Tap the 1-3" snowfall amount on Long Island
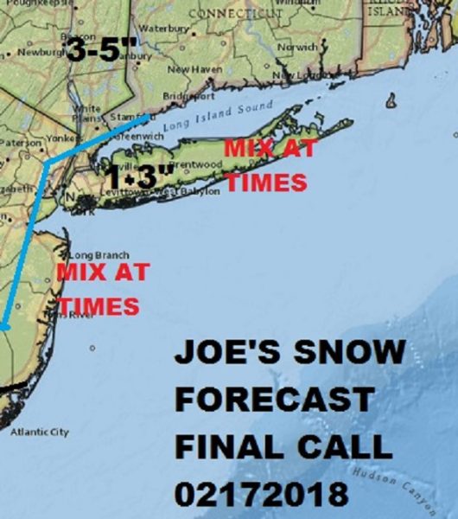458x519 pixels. click(x=136, y=176)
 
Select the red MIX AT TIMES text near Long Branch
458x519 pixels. click(x=99, y=289)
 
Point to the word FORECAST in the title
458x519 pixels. click(x=275, y=400)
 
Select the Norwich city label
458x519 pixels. click(x=298, y=47)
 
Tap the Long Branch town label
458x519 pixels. click(x=99, y=255)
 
